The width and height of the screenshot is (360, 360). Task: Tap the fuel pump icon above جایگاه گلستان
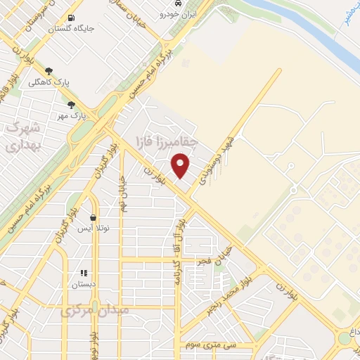pyautogui.click(x=70, y=18)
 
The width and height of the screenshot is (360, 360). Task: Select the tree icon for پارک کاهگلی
pyautogui.click(x=49, y=71)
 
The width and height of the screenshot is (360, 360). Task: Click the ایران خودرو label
pyautogui.click(x=179, y=13)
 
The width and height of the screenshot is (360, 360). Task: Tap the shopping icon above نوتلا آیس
pyautogui.click(x=93, y=218)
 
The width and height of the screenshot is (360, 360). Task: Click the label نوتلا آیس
pyautogui.click(x=93, y=229)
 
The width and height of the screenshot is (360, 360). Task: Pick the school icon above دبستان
pyautogui.click(x=84, y=273)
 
